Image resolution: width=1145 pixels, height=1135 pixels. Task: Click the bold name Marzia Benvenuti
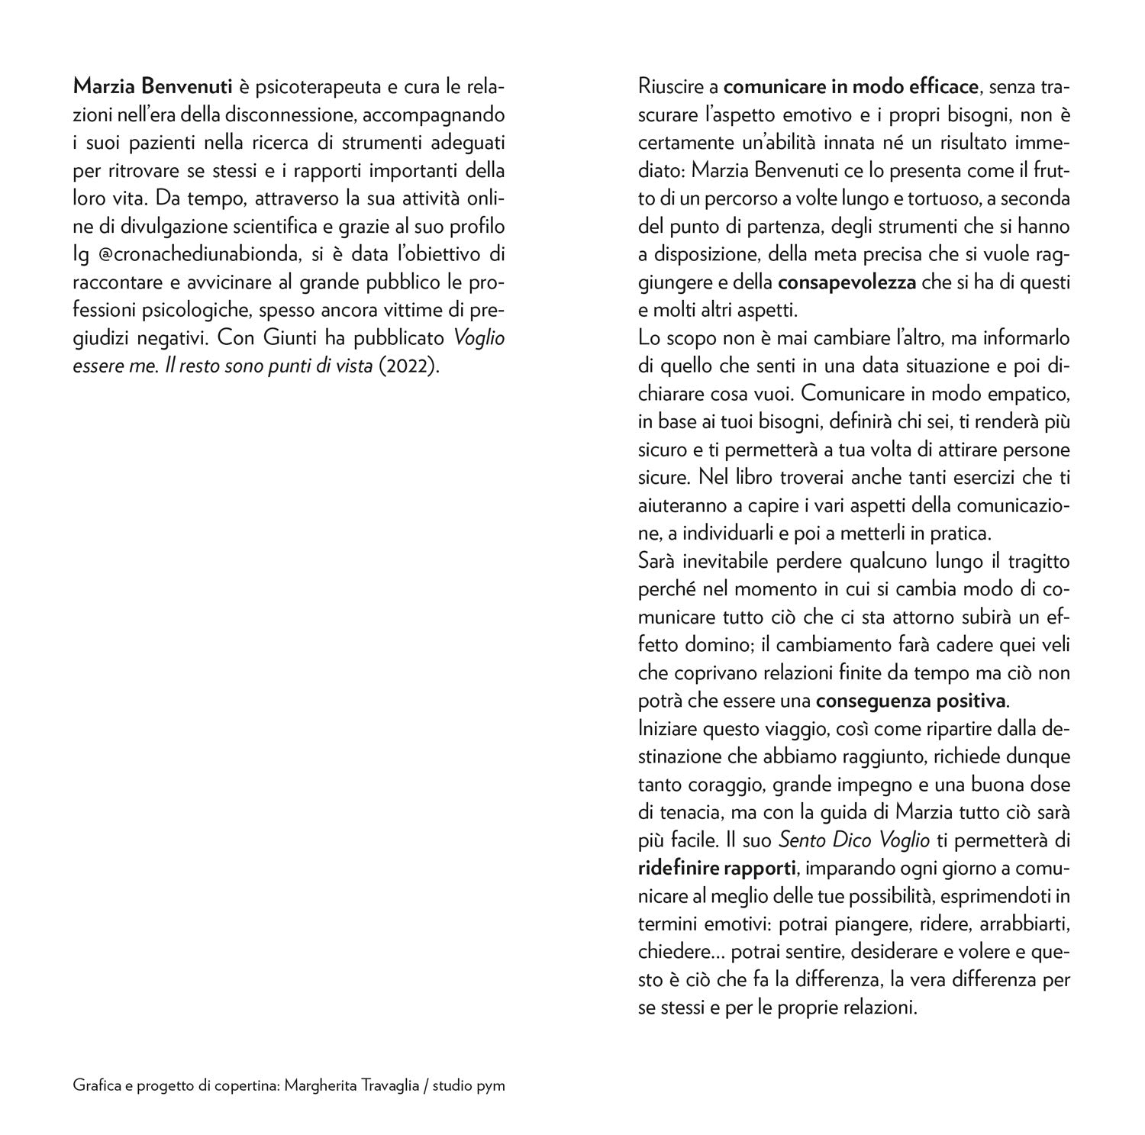[x=152, y=88]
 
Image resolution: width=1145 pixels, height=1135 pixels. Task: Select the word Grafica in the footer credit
[x=94, y=1085]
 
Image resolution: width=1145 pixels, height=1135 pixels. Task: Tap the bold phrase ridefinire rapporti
[x=717, y=868]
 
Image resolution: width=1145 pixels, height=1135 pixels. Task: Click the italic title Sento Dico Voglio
[x=853, y=840]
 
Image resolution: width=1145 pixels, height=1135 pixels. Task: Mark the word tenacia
[x=686, y=812]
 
